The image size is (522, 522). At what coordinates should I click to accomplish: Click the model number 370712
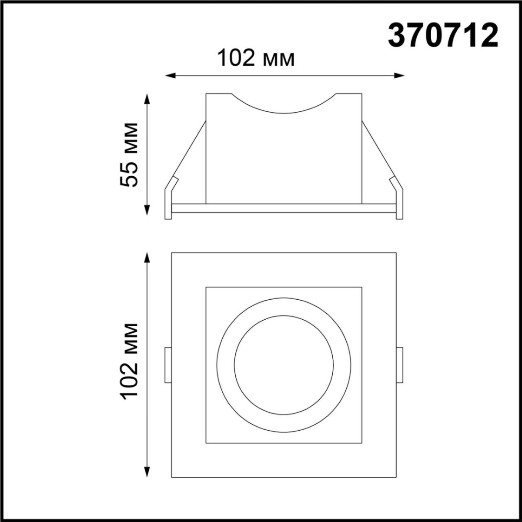(x=443, y=37)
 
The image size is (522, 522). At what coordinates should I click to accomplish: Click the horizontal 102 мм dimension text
(x=256, y=58)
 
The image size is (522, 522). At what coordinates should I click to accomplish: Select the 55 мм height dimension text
(x=129, y=155)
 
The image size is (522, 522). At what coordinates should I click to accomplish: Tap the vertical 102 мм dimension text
(x=129, y=360)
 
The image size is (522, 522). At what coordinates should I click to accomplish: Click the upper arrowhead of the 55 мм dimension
(x=148, y=98)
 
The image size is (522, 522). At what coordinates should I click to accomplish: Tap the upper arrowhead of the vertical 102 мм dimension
(x=148, y=258)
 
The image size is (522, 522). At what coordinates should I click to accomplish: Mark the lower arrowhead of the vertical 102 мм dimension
(x=148, y=472)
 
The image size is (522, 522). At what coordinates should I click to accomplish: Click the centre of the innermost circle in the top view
(x=284, y=365)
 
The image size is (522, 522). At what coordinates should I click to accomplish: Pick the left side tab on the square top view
(x=168, y=365)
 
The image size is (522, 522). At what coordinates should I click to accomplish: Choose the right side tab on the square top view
(x=400, y=365)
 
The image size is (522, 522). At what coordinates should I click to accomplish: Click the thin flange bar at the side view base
(x=284, y=208)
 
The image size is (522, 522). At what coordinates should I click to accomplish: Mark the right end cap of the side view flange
(x=399, y=204)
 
